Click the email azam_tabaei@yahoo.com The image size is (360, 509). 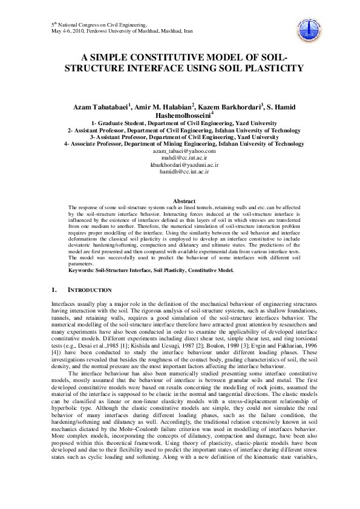[x=180, y=151]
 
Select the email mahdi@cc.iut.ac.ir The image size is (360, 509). [x=180, y=157]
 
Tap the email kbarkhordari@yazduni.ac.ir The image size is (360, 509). [x=180, y=164]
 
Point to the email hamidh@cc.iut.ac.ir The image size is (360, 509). [x=180, y=171]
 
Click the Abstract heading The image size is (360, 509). [x=184, y=201]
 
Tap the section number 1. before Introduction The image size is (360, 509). [x=54, y=291]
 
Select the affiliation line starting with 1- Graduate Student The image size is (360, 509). [x=180, y=128]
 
